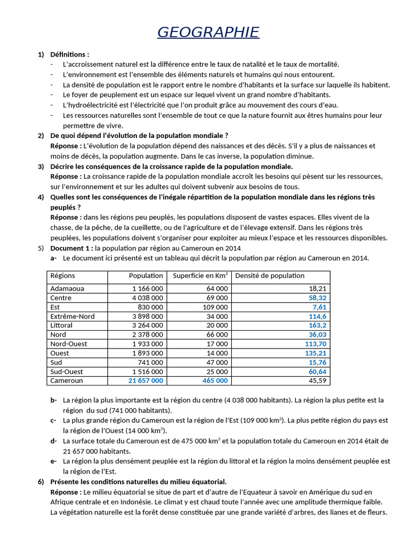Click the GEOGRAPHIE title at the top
pos(208,32)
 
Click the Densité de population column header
pos(270,276)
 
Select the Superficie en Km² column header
pos(200,276)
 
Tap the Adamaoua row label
pos(67,289)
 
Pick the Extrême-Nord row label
pos(72,317)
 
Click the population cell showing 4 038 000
pos(147,298)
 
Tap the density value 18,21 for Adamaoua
pos(317,289)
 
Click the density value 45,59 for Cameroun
pos(317,381)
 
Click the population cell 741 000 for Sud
pos(150,363)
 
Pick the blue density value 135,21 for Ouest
pos(315,353)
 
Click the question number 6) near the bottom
pos(41,482)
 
